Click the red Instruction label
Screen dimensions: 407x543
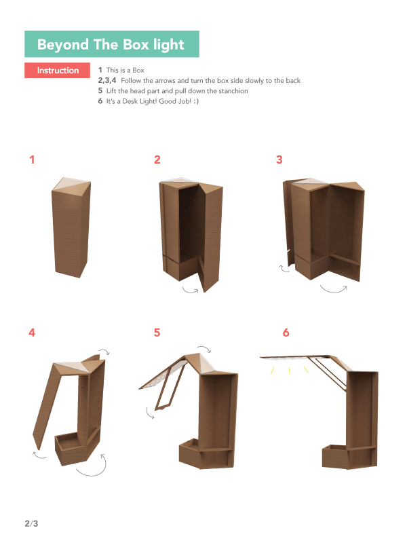(x=57, y=71)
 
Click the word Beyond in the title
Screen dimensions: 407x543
(x=62, y=45)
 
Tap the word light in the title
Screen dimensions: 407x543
(x=169, y=45)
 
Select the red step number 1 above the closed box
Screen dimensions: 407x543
(x=32, y=160)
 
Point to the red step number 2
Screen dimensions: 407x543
(x=157, y=160)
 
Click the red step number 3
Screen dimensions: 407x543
(x=279, y=160)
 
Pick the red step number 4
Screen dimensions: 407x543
(x=32, y=333)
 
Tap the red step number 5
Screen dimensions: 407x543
(x=157, y=333)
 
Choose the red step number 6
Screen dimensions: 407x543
(x=286, y=333)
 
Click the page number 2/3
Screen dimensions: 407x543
(x=31, y=523)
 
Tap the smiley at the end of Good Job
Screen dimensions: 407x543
(x=196, y=101)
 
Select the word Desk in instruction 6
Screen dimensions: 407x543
(x=130, y=101)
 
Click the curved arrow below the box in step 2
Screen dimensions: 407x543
(x=191, y=291)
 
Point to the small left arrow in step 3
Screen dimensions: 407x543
(x=284, y=269)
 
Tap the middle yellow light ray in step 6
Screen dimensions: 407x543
(x=290, y=371)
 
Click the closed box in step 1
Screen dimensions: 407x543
(x=71, y=227)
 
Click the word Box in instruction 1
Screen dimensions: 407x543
(x=138, y=71)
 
